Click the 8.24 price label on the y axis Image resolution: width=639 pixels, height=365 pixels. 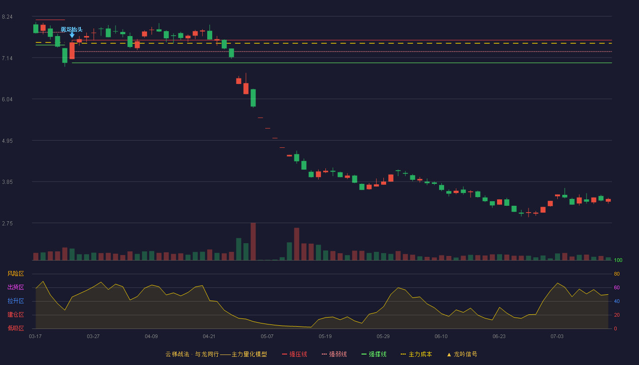pyautogui.click(x=7, y=17)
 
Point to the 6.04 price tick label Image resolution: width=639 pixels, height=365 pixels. pyautogui.click(x=7, y=99)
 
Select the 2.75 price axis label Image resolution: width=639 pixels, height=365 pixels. pyautogui.click(x=7, y=223)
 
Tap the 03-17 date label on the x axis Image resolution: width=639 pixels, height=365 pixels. pyautogui.click(x=35, y=336)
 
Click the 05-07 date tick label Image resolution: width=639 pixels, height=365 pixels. pyautogui.click(x=267, y=336)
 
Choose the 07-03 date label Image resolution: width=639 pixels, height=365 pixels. pyautogui.click(x=557, y=336)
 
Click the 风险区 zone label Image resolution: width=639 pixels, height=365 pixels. pyautogui.click(x=16, y=273)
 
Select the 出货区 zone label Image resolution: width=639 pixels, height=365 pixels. pyautogui.click(x=16, y=287)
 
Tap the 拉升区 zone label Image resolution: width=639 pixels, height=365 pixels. pyautogui.click(x=16, y=301)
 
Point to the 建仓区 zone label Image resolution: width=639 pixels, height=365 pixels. pyautogui.click(x=16, y=314)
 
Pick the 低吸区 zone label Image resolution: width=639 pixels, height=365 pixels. pyautogui.click(x=16, y=328)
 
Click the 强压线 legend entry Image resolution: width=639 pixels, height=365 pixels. pyautogui.click(x=294, y=354)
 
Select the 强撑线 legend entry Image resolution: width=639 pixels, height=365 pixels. pyautogui.click(x=374, y=354)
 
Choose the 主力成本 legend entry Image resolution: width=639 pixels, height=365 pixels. pyautogui.click(x=416, y=354)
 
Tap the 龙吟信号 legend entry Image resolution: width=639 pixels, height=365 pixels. pyautogui.click(x=462, y=354)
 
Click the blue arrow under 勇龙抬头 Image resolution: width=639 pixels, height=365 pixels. pyautogui.click(x=72, y=35)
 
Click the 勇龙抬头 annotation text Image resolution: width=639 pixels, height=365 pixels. pyautogui.click(x=72, y=29)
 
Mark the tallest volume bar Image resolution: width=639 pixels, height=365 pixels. pyautogui.click(x=253, y=241)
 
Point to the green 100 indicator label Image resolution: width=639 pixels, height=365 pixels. pyautogui.click(x=618, y=260)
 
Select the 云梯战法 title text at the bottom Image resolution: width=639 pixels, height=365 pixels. pyautogui.click(x=178, y=354)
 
